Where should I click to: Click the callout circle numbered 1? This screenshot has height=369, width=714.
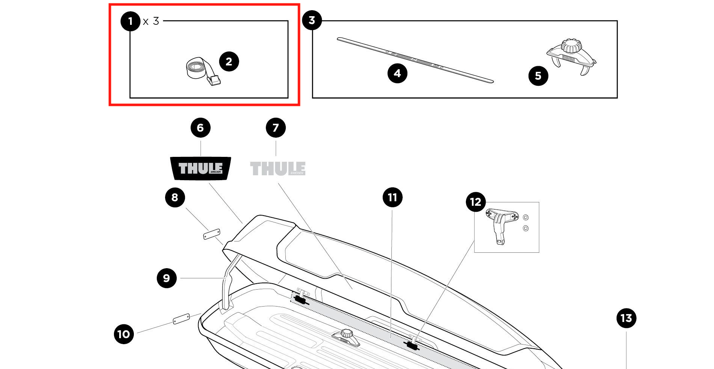tap(130, 21)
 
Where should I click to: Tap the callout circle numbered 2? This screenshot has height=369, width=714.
tap(229, 62)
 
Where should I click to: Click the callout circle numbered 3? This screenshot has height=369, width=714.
tap(312, 20)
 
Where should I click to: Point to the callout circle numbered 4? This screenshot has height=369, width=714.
tap(397, 73)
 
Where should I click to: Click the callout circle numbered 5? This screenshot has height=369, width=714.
tap(538, 76)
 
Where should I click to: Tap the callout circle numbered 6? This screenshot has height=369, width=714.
tap(200, 128)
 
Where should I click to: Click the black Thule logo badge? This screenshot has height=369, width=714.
tap(201, 168)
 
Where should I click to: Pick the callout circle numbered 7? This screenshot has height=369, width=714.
tap(276, 128)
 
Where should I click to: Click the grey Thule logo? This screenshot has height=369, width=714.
tap(278, 168)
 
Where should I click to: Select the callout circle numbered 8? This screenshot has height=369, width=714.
tap(175, 197)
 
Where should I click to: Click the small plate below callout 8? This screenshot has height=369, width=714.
tap(212, 234)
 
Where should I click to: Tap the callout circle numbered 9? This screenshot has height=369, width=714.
tap(167, 278)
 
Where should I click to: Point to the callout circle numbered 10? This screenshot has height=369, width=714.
tap(124, 334)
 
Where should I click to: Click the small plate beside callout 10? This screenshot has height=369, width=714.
tap(181, 319)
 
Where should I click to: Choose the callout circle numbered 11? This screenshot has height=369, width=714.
tap(393, 197)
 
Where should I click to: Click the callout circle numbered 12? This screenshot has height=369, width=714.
tap(476, 202)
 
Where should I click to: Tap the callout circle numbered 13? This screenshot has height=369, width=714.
tap(626, 318)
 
